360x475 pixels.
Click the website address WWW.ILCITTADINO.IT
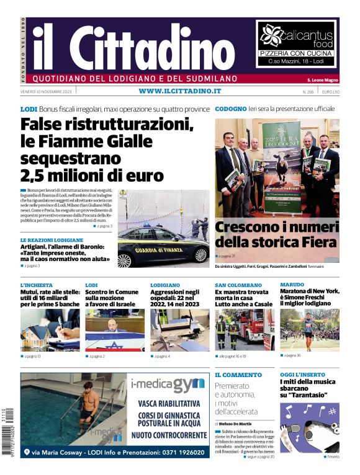180,91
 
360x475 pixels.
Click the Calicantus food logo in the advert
297,37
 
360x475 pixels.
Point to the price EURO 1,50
330,92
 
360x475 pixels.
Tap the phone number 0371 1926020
179,453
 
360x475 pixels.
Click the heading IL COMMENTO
238,375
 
